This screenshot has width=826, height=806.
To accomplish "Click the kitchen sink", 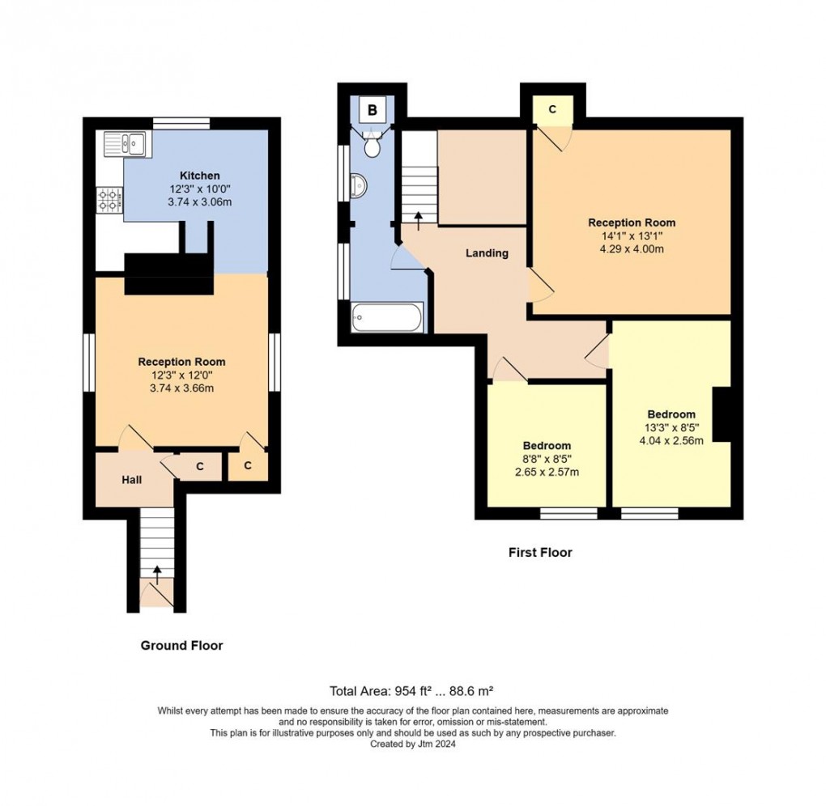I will tap(124, 144).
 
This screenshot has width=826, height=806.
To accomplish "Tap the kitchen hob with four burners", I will tap(109, 198).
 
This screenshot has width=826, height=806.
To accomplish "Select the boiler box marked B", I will tap(372, 110).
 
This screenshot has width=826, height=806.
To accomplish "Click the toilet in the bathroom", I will tap(373, 146).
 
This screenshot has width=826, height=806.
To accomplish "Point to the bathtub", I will tap(388, 316).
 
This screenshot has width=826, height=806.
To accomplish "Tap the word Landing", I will tap(487, 253).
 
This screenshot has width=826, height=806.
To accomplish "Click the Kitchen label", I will tap(199, 176).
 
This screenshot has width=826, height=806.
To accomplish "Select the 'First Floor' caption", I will tap(540, 553).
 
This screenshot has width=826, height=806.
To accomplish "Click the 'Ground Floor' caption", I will tap(181, 645).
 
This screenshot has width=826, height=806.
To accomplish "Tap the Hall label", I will tap(132, 480).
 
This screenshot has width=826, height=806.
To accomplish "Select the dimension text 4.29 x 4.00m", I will tap(632, 249).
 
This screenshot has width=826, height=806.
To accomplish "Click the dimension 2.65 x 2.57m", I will tap(547, 473).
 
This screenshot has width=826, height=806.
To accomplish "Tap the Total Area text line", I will tap(411, 691).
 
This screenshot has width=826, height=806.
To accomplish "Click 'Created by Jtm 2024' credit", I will tap(413, 744).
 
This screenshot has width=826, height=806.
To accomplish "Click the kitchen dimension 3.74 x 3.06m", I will tap(199, 201).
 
